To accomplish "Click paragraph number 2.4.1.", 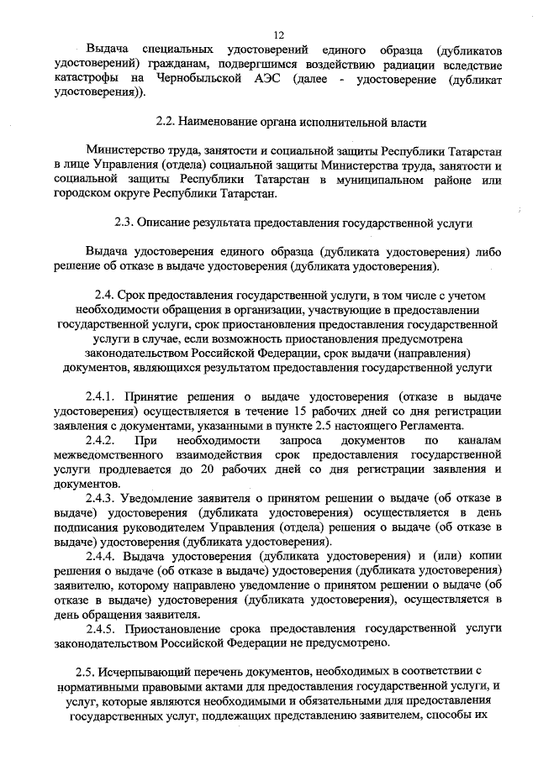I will pos(100,396).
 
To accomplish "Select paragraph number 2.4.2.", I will pos(100,439).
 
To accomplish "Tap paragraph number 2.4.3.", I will pos(100,498).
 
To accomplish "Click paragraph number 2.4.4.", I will pos(100,556).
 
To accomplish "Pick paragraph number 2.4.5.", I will pos(100,628).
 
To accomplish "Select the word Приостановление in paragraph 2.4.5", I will pos(172,628).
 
